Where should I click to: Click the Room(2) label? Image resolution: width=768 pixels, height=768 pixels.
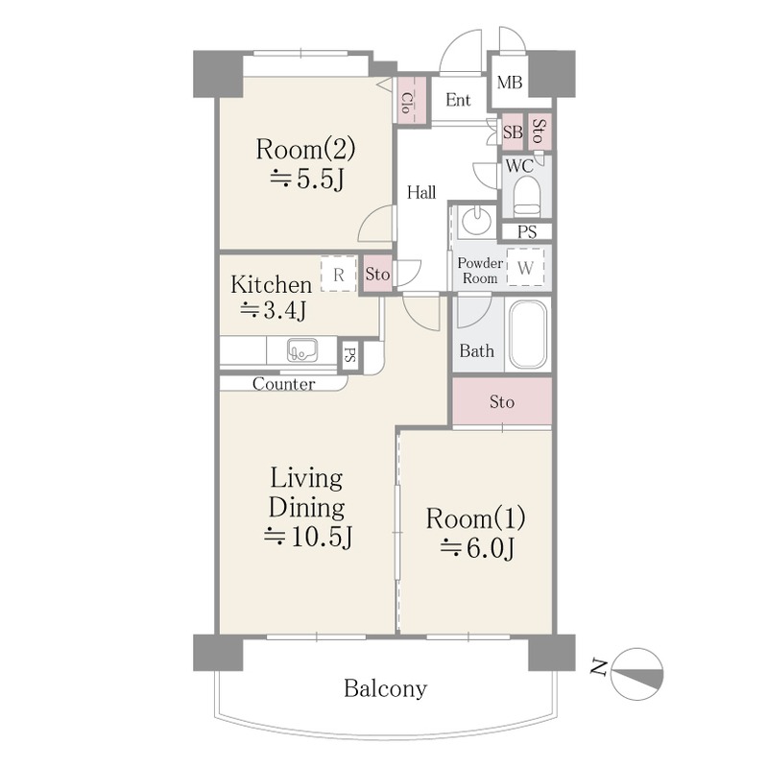[305, 150]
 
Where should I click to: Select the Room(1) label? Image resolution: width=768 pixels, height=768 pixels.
[475, 518]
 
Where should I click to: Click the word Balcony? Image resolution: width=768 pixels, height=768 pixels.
[385, 689]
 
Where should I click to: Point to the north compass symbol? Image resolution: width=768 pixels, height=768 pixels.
[637, 674]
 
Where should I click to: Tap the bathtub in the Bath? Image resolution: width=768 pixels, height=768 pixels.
[528, 334]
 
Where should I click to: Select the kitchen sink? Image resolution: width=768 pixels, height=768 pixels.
[302, 349]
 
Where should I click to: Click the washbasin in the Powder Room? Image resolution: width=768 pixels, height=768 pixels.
[476, 221]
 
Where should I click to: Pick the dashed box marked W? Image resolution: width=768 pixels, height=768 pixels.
[525, 268]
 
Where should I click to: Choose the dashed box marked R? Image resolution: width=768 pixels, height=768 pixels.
[339, 274]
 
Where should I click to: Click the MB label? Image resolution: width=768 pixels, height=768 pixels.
[510, 83]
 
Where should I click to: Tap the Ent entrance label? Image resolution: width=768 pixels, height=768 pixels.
[458, 100]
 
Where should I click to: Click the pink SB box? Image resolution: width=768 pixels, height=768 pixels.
[513, 132]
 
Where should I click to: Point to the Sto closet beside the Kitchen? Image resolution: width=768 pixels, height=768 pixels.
[377, 275]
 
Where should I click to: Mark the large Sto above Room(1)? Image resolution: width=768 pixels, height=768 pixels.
[502, 401]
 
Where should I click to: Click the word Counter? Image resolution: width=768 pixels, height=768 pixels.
[283, 384]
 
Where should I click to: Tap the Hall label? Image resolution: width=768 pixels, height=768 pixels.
[421, 193]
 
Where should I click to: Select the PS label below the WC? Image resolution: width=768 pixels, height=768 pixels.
[527, 231]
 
